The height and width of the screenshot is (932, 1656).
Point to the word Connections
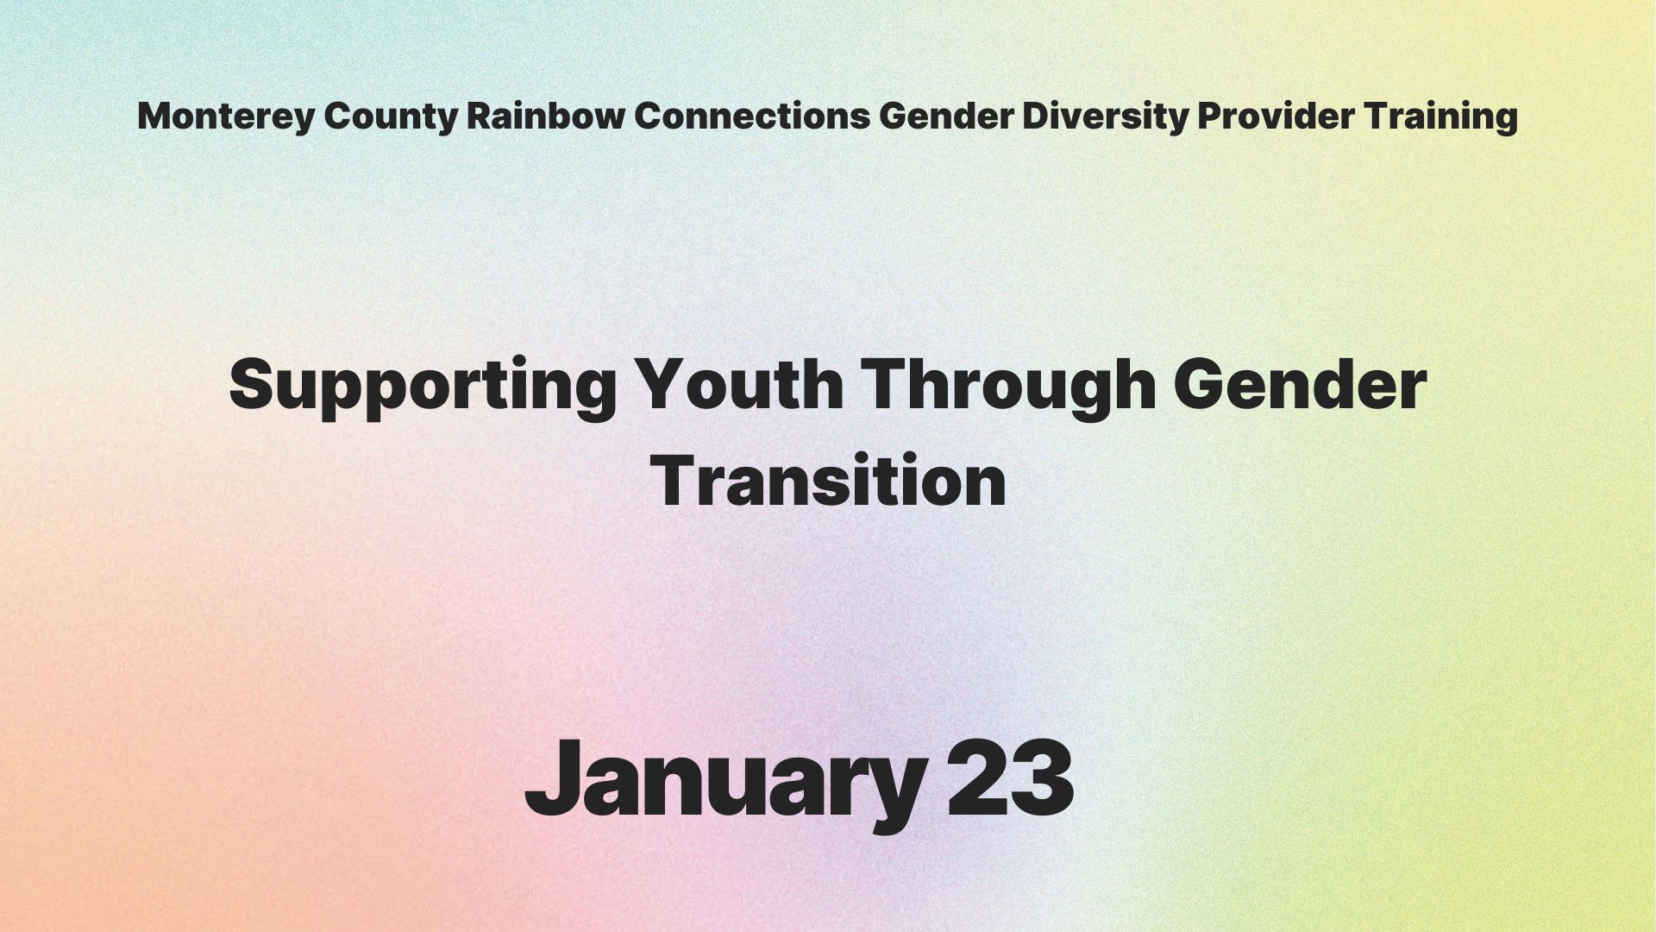coord(752,116)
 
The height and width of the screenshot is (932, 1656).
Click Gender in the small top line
coord(945,116)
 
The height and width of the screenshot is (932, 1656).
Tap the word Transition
coord(828,482)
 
